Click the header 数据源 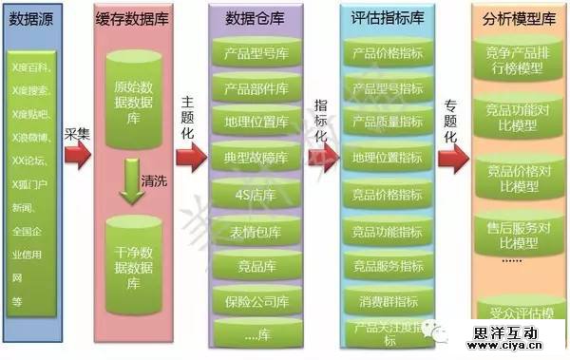point(29,18)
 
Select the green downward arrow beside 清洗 point(130,180)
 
